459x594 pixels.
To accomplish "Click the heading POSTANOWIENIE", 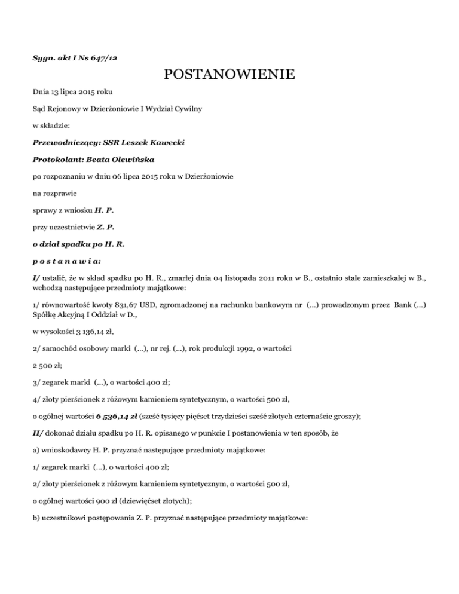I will (229, 75).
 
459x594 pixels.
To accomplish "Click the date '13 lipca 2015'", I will (66, 93).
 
